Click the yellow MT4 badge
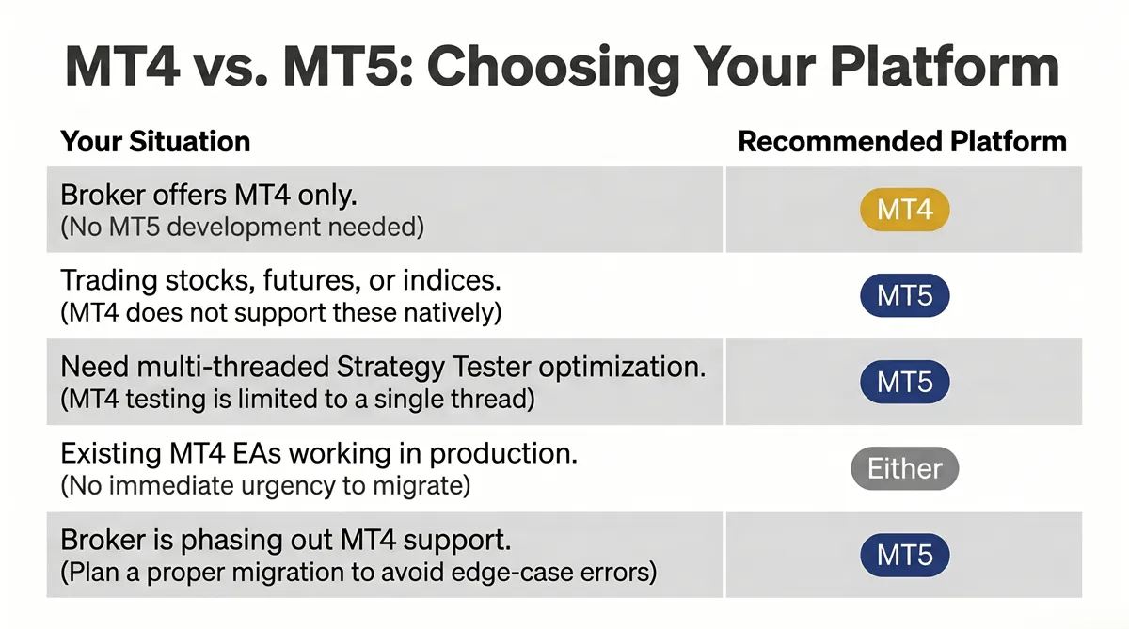pos(905,210)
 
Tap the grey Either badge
pos(905,468)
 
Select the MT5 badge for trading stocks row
pos(905,295)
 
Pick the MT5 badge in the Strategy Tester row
pos(905,382)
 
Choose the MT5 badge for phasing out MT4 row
pos(905,555)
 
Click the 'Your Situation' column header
pos(155,142)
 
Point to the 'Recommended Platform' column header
pos(902,142)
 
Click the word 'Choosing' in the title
pos(553,69)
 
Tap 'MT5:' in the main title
pos(348,68)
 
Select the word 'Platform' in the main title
pos(945,67)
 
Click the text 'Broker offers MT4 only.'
pos(209,195)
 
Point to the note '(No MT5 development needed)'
pos(243,228)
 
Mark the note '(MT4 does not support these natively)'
pos(281,313)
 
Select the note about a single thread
pos(298,400)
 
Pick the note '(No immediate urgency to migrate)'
pos(265,486)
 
